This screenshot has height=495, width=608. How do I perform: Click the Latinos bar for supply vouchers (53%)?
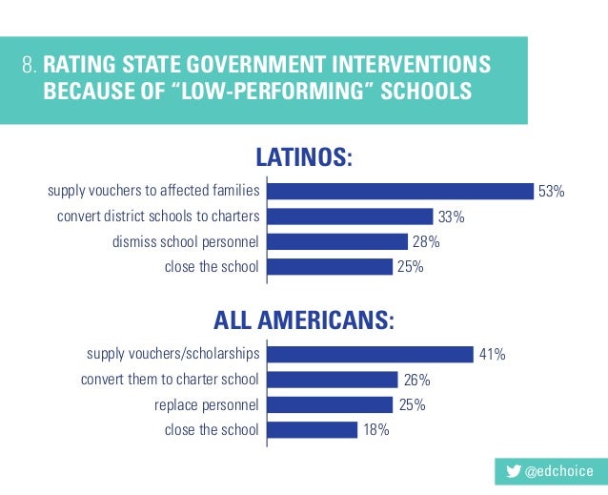(x=400, y=191)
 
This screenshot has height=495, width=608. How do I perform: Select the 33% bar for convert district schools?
(x=350, y=217)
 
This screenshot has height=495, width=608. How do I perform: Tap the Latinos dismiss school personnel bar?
(x=337, y=241)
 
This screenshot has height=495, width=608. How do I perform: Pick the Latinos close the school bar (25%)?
(x=330, y=267)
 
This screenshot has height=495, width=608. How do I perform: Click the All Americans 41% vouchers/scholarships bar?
(x=371, y=354)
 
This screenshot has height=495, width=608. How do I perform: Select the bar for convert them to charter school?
(x=333, y=380)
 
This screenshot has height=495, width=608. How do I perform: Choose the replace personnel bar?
(x=330, y=404)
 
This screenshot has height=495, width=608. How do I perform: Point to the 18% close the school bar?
(x=313, y=430)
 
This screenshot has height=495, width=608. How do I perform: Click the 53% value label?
(x=552, y=192)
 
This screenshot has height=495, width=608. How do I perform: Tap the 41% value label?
(x=492, y=355)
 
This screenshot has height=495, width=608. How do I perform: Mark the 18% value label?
(x=375, y=430)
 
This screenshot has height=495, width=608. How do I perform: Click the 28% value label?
(x=425, y=242)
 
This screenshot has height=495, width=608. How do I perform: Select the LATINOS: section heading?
(x=303, y=156)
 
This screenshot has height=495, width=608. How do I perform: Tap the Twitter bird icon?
(x=514, y=471)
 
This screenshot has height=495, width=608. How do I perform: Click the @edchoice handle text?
(x=559, y=471)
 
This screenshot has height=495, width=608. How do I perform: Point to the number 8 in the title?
(x=28, y=67)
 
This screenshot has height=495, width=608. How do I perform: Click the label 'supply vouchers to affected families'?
(x=153, y=192)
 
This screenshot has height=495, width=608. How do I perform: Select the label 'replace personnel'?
(x=207, y=405)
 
